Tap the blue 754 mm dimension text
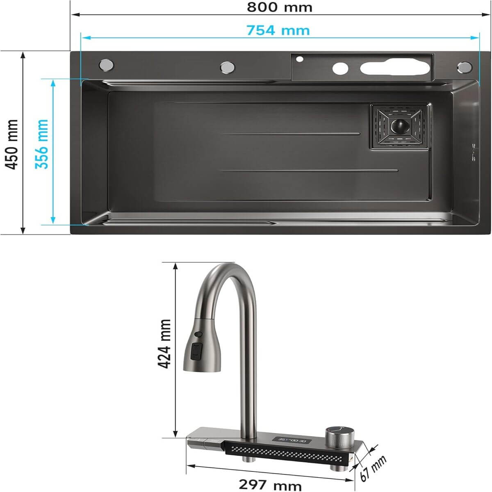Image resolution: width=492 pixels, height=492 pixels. (x=278, y=30)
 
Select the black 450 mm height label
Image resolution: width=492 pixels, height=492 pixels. (x=12, y=144)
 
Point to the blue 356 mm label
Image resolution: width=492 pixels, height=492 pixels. (x=41, y=144)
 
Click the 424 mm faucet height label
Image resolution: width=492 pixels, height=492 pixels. (x=164, y=344)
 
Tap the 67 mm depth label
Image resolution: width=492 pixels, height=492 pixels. (x=373, y=468)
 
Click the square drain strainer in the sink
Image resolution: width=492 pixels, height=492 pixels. (x=400, y=126)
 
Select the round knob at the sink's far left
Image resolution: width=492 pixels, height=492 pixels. (x=106, y=65)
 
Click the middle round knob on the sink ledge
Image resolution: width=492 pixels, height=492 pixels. (x=228, y=67)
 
